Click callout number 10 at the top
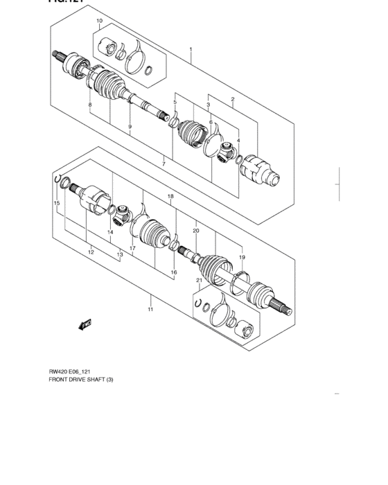[x=100, y=21]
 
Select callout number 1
[x=191, y=50]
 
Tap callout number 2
[x=233, y=99]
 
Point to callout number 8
[x=89, y=105]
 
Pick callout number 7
[x=164, y=164]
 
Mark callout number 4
[x=238, y=141]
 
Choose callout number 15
[x=58, y=203]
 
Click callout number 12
[x=91, y=252]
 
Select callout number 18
[x=170, y=197]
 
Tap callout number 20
[x=196, y=230]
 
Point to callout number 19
[x=242, y=257]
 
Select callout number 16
[x=174, y=272]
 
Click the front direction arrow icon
[x=85, y=324]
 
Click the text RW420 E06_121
[x=69, y=371]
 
